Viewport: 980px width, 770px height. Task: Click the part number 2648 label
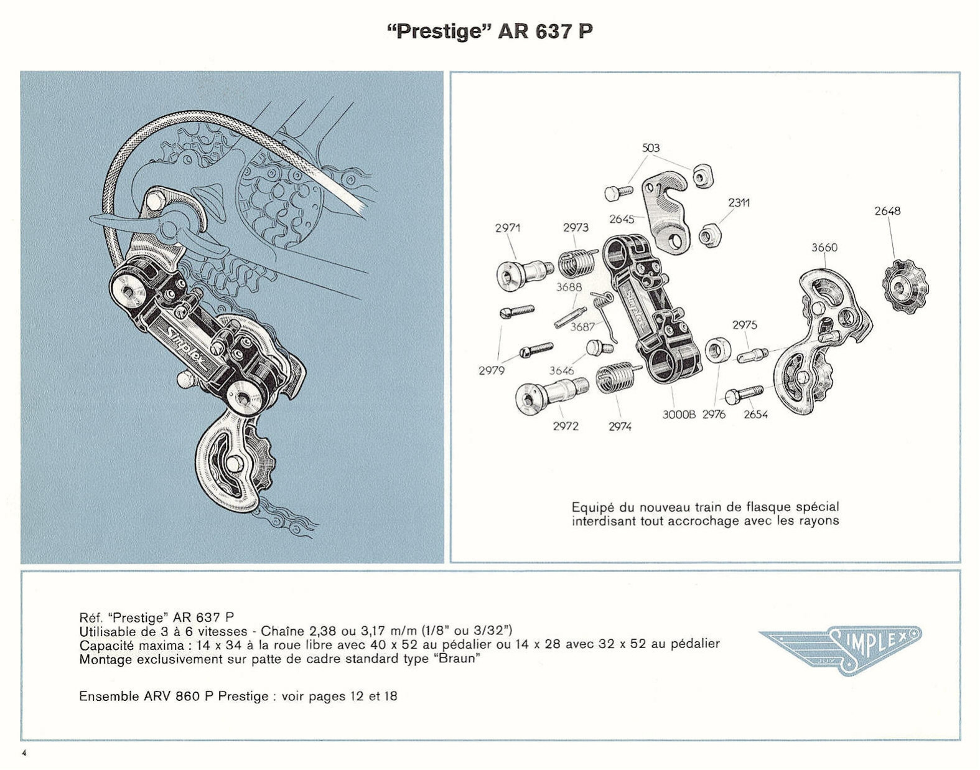887,211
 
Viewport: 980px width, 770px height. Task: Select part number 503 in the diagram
650,148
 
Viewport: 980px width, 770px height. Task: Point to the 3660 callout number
824,248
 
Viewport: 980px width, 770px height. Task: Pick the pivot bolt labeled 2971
522,273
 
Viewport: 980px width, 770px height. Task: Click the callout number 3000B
678,415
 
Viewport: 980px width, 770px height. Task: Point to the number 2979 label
491,371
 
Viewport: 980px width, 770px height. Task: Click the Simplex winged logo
839,650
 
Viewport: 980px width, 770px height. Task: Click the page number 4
24,753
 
